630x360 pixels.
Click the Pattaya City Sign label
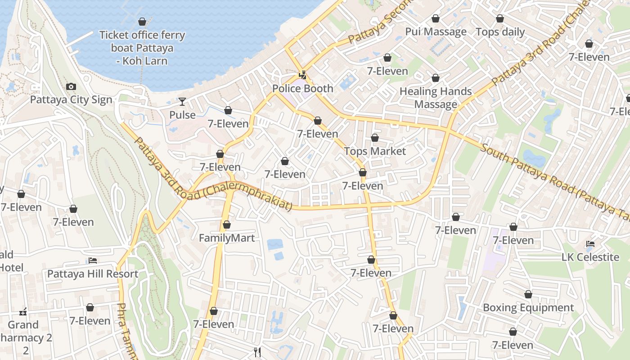[71, 99]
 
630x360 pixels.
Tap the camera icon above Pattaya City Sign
[71, 87]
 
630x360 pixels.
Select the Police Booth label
[303, 88]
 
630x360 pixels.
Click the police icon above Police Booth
[303, 75]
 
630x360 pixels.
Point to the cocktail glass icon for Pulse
[182, 102]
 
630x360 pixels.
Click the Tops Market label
[375, 151]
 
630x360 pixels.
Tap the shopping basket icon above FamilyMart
[227, 225]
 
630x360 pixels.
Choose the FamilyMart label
[227, 238]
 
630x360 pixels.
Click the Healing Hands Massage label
[436, 98]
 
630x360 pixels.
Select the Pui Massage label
[436, 31]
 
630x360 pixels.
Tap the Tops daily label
[500, 32]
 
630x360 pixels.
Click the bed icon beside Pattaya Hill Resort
[93, 261]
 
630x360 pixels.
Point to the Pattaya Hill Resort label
[93, 274]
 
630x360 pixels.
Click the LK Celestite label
[590, 257]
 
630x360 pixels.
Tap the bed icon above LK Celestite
[590, 244]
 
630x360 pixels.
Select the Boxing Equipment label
[528, 308]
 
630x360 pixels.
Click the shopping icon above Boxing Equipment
[528, 295]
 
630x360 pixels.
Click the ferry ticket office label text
[142, 48]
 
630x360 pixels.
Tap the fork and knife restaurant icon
[257, 351]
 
